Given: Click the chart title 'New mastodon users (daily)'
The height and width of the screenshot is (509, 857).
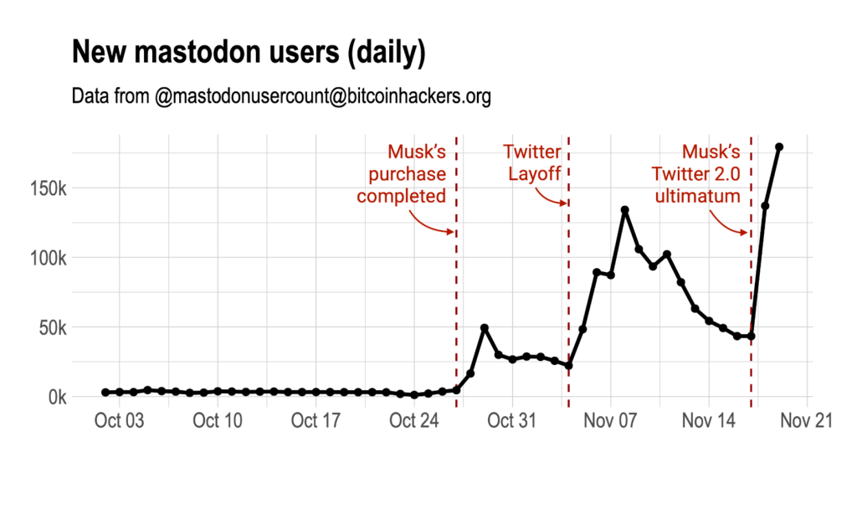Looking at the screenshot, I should click(x=249, y=53).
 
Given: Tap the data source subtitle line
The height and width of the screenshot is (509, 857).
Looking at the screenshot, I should click(x=281, y=97).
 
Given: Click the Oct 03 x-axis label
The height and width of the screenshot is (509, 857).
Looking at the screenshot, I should click(x=120, y=421).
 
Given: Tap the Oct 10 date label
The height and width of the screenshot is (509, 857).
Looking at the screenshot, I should click(x=218, y=421).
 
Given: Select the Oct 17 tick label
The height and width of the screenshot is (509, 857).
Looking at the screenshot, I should click(x=316, y=421).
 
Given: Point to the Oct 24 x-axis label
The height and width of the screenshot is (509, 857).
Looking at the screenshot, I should click(x=414, y=421).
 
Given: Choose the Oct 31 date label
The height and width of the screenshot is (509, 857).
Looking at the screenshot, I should click(x=512, y=421).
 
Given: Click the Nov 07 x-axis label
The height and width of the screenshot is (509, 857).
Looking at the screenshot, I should click(x=611, y=421).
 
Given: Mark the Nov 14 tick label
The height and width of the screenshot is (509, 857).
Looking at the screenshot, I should click(x=709, y=421).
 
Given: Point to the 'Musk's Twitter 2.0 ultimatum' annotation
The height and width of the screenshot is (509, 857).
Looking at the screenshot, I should click(x=698, y=174).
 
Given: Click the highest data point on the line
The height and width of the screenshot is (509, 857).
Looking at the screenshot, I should click(x=779, y=147).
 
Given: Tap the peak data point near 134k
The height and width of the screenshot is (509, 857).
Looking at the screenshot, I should click(x=625, y=210).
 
